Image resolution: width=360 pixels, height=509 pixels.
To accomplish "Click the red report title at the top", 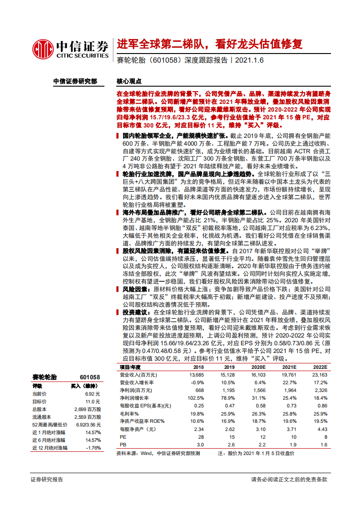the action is (209, 44).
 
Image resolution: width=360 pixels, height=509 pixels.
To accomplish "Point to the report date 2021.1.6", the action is (250, 60).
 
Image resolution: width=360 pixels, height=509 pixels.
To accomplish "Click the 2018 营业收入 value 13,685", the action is (197, 375).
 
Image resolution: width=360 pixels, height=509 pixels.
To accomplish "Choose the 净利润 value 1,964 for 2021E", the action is (289, 390).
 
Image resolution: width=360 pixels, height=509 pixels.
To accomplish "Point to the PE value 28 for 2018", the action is (200, 437).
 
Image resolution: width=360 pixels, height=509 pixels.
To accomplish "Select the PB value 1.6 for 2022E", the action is (324, 445).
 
